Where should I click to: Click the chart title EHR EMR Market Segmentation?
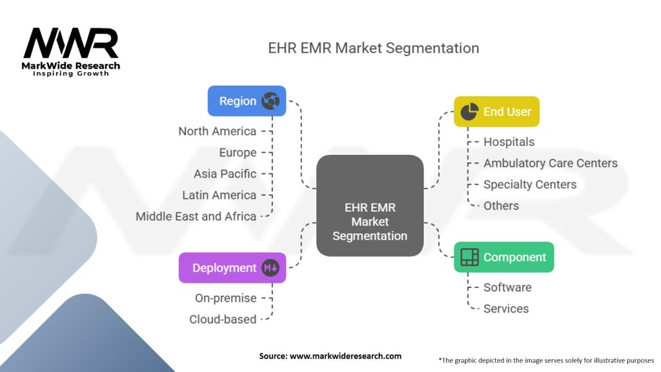point(374,48)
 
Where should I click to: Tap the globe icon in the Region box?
point(270,101)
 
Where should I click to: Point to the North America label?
point(217,131)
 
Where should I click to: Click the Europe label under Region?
point(238,152)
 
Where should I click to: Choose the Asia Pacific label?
point(225,174)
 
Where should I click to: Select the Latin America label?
point(219,195)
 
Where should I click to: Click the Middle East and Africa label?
point(196,216)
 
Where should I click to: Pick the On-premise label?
point(225,298)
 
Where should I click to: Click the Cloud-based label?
point(223,319)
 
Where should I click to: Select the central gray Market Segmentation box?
point(370,206)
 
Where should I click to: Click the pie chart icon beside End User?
point(470,112)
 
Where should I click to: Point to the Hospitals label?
point(509,141)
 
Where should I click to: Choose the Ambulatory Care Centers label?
point(550,163)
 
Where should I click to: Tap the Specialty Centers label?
point(529,185)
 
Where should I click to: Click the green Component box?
point(503,257)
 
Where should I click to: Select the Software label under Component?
point(507,287)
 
